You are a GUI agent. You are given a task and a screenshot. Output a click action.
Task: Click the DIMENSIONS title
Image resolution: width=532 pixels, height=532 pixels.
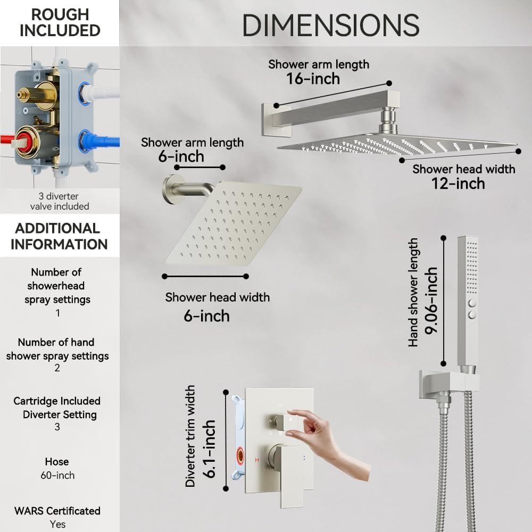point(331,25)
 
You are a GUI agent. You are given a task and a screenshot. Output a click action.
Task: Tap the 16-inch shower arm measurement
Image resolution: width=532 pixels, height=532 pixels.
point(313,79)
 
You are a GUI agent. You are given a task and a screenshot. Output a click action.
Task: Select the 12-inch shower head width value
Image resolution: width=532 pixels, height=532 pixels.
point(458,184)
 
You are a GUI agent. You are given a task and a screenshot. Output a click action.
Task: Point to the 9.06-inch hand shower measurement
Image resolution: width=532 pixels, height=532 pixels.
point(431,301)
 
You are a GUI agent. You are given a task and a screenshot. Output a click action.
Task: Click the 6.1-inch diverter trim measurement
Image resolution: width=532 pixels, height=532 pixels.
point(209,449)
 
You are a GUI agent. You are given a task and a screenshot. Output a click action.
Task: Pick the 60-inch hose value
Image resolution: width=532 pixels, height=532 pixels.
point(57,475)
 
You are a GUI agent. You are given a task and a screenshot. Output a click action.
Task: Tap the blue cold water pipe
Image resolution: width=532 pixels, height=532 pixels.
point(102,141)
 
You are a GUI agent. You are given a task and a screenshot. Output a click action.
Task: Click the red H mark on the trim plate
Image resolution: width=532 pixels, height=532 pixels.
point(257,460)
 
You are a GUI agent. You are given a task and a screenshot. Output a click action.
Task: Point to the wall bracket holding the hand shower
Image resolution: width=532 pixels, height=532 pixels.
point(448,385)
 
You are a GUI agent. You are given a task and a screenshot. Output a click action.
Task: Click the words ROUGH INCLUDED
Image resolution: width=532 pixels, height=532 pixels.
point(60,22)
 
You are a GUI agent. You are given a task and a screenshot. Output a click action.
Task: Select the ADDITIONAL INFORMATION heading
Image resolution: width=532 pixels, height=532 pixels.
point(59,236)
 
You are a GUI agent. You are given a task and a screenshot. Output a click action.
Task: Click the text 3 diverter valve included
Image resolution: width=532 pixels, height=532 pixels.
point(60,201)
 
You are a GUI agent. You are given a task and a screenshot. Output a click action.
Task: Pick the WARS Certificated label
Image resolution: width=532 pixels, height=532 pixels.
point(57,511)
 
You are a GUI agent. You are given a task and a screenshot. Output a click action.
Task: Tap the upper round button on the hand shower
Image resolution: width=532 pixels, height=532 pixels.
point(472,303)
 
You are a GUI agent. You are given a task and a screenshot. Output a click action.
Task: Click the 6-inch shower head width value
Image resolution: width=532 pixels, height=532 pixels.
point(206,316)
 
